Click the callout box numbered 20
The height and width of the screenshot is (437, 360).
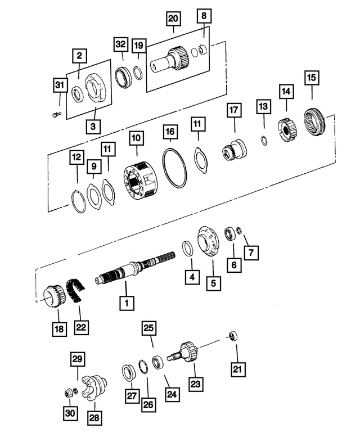click(173, 20)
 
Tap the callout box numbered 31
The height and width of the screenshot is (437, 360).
click(60, 85)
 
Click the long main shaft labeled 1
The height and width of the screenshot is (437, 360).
click(129, 275)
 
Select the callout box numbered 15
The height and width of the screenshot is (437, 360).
click(311, 76)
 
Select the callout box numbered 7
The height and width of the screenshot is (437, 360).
click(251, 253)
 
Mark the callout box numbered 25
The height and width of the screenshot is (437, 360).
click(148, 327)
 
